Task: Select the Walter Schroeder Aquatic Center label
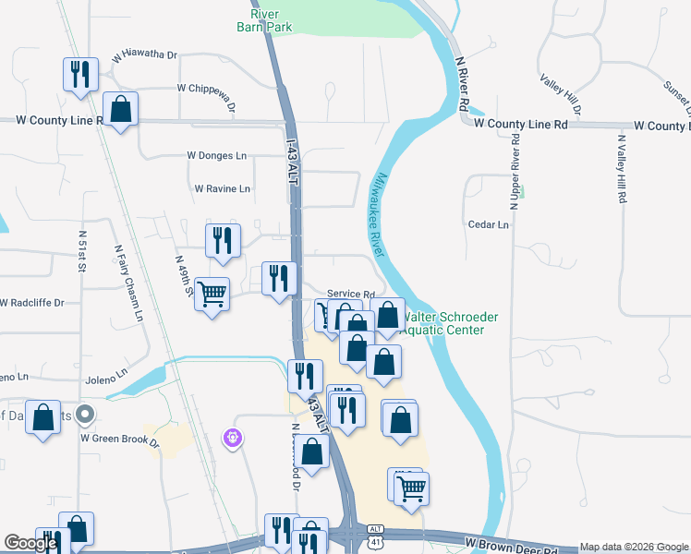(x=449, y=323)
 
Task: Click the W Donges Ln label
(x=217, y=156)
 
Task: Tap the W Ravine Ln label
(x=222, y=188)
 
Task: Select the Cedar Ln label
(x=489, y=224)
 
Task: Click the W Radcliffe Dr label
(x=33, y=303)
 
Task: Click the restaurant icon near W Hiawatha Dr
(x=79, y=73)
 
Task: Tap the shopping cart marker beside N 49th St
(x=212, y=295)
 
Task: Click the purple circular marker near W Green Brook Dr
(x=233, y=436)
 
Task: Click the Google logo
(x=30, y=543)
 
